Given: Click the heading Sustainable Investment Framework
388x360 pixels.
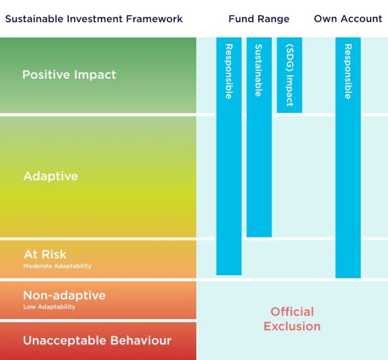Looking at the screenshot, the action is click(94, 19).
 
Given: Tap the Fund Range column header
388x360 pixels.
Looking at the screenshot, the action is click(259, 19).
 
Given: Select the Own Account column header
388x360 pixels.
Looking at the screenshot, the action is click(348, 19).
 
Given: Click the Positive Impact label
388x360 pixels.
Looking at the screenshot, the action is click(69, 75).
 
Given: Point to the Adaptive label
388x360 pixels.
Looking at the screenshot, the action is click(51, 176).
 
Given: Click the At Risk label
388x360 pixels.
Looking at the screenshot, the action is click(45, 254).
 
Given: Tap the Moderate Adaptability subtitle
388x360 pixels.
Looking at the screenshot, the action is click(58, 266).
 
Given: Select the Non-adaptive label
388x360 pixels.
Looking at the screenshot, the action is click(64, 296).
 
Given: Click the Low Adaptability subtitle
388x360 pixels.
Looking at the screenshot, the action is click(49, 307).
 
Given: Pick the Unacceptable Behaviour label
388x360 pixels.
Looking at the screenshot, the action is click(97, 341).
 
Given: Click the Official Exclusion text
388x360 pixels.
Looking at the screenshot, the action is click(292, 319).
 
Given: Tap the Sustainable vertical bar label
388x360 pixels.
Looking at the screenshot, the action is click(259, 70).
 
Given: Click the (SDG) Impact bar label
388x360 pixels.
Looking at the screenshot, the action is click(289, 75).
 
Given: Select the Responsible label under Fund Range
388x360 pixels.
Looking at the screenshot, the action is click(229, 72).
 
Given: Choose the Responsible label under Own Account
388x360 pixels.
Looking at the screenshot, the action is click(348, 72).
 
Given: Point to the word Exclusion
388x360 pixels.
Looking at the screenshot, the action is click(292, 326).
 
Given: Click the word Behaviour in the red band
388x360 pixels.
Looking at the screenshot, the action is click(141, 341).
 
